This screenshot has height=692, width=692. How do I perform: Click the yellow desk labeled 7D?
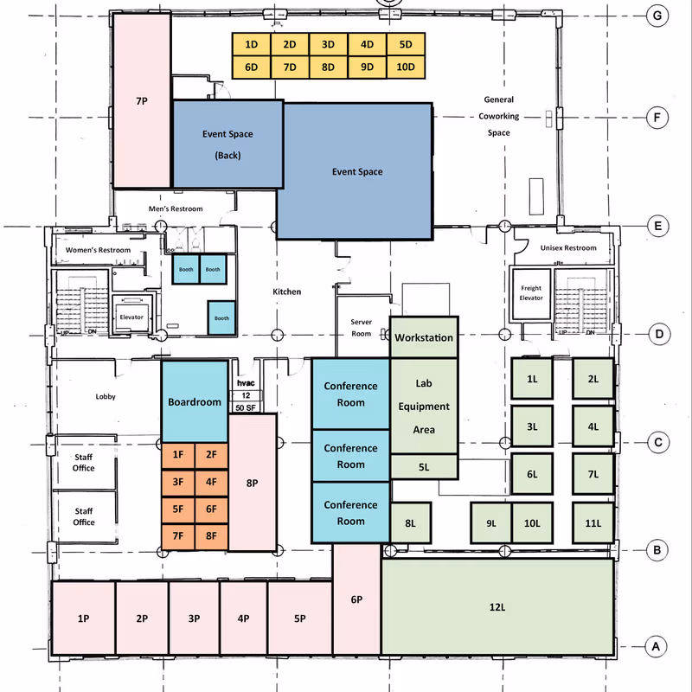coord(290,67)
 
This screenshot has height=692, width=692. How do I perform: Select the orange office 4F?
coord(211,483)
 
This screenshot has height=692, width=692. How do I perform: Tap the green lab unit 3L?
coord(532,426)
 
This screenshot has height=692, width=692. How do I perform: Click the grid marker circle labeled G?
coord(657,16)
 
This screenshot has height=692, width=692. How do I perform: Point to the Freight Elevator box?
coord(531,294)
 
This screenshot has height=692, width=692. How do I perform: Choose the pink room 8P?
coord(253,483)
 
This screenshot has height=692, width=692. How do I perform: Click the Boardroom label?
coord(195,402)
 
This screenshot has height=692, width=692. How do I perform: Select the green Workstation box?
coord(424,337)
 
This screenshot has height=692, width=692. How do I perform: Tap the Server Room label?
coord(361,328)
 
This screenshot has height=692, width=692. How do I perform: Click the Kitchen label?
coord(287,292)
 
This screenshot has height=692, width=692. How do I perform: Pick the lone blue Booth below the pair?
coord(221,317)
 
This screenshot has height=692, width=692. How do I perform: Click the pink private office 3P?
coord(194,618)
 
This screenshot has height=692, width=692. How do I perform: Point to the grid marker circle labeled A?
coord(656,647)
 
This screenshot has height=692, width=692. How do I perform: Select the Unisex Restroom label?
coord(568,248)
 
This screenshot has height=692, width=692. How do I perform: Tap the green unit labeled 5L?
coord(424,467)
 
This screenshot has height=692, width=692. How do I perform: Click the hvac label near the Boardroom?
coord(246,383)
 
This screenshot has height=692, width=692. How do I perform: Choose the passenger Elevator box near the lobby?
coord(131,315)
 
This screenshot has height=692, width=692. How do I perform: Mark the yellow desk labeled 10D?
coord(406,67)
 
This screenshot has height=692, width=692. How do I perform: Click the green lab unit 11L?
coord(593,523)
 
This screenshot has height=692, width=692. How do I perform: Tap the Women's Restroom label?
coord(98,250)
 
